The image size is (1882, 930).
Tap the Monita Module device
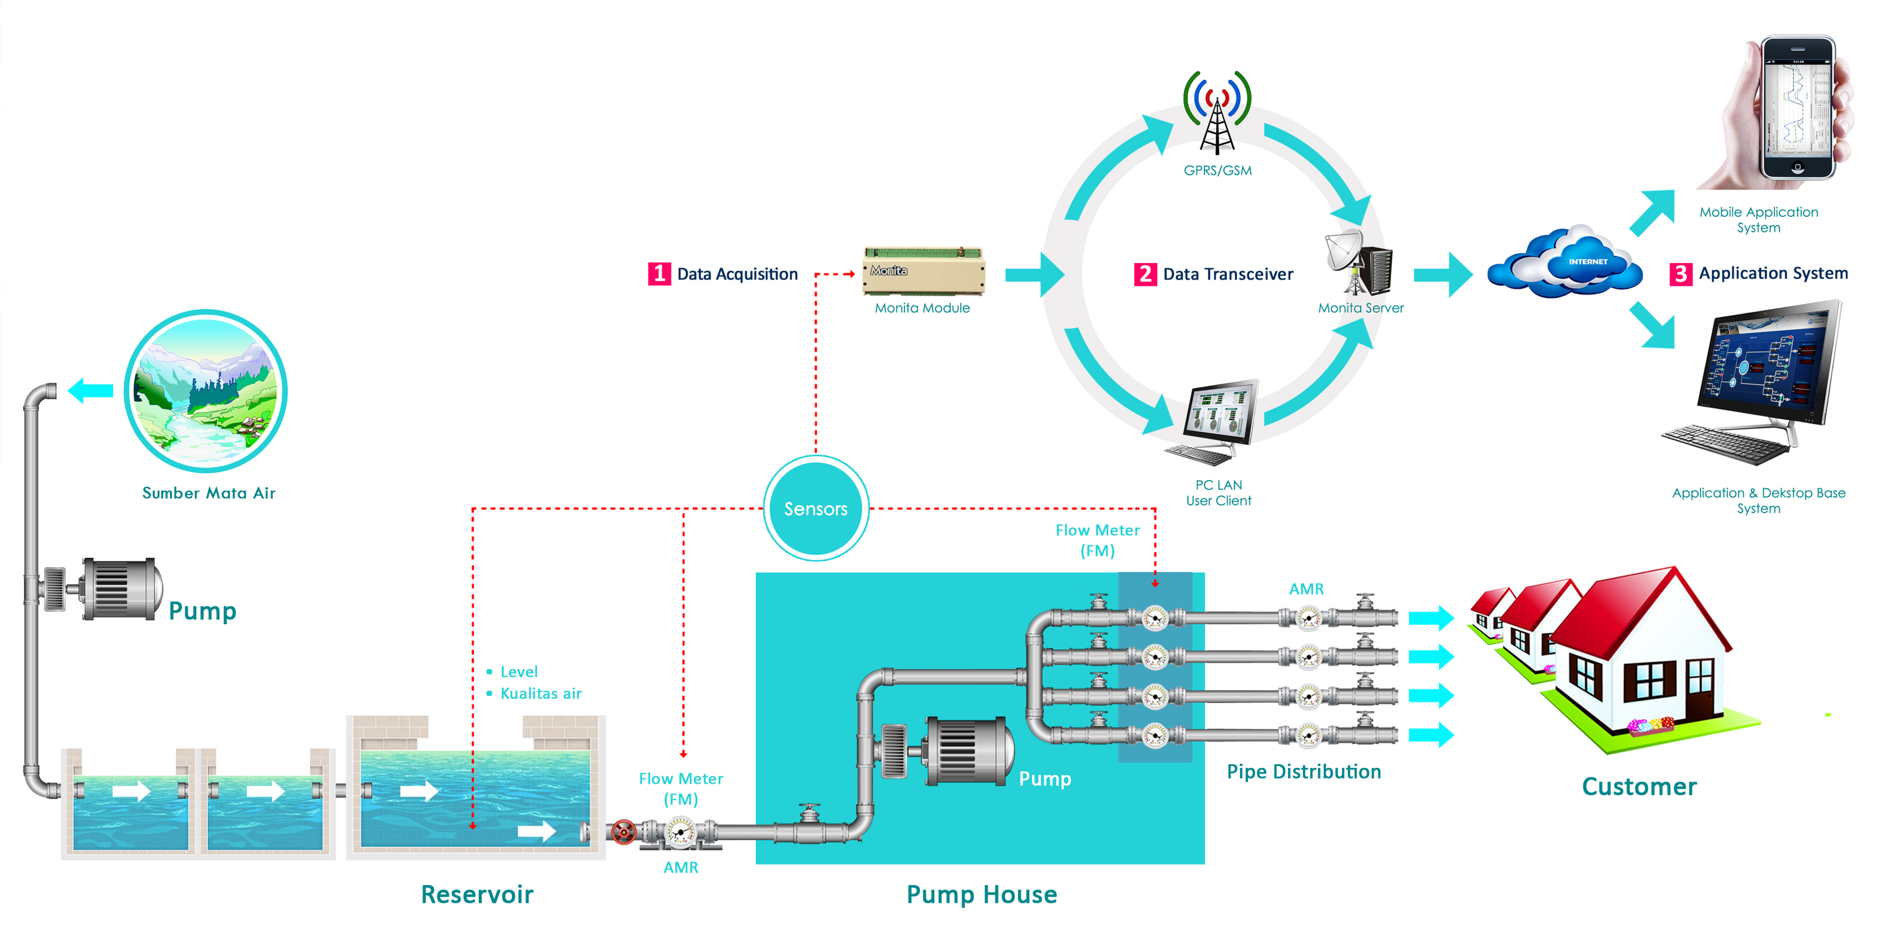point(923,271)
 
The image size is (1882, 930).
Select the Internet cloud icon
point(1565,262)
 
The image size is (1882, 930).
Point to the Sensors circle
point(816,508)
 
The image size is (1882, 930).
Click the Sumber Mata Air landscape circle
point(206,391)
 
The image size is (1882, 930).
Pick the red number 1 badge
point(659,274)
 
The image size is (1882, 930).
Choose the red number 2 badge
point(1145,274)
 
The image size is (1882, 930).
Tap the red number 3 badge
point(1680,274)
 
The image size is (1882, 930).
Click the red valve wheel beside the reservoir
point(623,832)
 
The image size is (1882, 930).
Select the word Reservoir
point(477,894)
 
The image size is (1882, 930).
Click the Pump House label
point(981,894)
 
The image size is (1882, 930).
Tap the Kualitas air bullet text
point(541,693)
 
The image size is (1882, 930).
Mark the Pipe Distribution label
point(1304,771)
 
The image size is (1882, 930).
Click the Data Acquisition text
point(737,274)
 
